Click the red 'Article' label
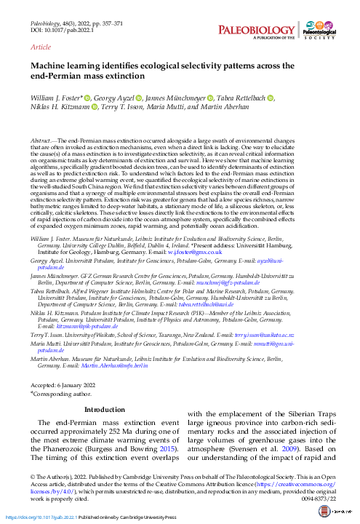[x=41, y=46]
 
